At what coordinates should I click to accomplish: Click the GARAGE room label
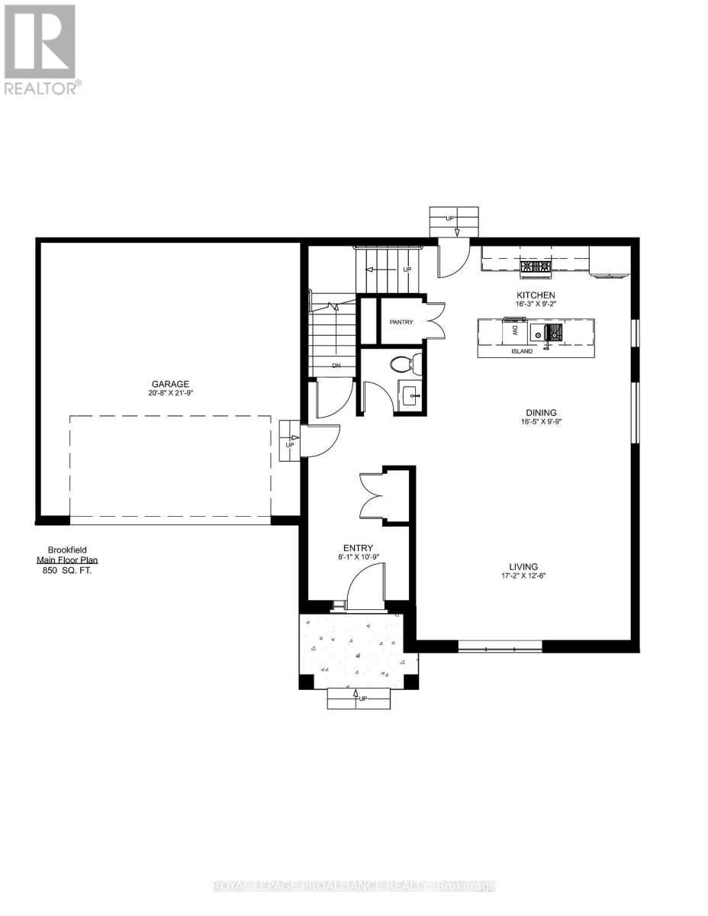tap(169, 384)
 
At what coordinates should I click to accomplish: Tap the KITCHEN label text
tap(535, 295)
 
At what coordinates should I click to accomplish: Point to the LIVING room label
tap(525, 566)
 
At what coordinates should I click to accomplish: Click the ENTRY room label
tap(358, 547)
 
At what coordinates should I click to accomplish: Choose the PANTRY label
tap(401, 322)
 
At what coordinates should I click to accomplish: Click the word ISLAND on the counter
tap(523, 352)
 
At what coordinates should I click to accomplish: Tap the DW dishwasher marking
tap(515, 332)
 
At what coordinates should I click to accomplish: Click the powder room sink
tap(410, 395)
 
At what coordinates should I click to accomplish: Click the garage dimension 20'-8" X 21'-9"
tap(169, 394)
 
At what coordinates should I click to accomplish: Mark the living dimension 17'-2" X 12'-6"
tap(525, 576)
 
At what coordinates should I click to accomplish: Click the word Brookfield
tap(69, 549)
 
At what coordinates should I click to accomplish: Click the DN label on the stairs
tap(336, 366)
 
